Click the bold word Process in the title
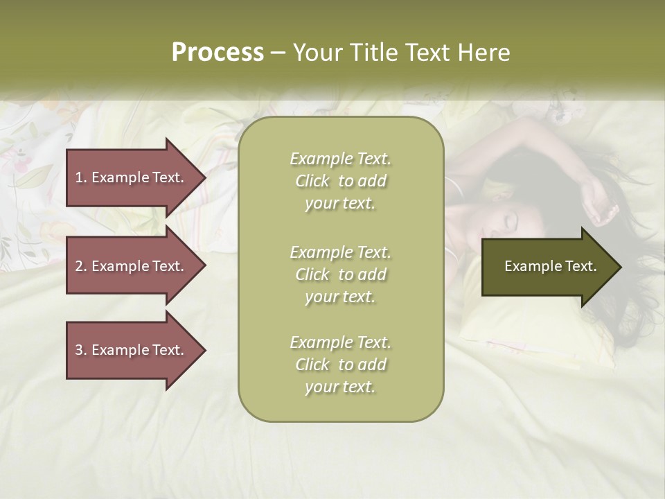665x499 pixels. click(218, 53)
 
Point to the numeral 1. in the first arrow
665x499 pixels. click(81, 177)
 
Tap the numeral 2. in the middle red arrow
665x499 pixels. click(81, 266)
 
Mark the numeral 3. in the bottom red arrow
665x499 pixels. click(81, 350)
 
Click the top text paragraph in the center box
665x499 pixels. click(340, 181)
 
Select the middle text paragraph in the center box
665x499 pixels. click(340, 274)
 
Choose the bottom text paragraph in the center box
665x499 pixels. click(340, 365)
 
